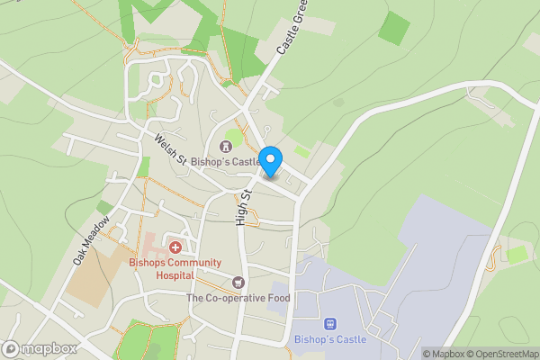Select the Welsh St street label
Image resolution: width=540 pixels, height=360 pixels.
[168, 148]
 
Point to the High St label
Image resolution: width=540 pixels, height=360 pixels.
[243, 208]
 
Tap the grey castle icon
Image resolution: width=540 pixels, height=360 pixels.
[224, 147]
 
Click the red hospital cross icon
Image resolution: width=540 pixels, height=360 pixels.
[175, 246]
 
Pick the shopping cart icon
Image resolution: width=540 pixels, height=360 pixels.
[238, 283]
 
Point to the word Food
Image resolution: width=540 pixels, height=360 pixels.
[279, 298]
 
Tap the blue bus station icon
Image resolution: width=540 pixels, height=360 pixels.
[329, 324]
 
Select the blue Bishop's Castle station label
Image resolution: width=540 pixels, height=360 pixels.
[330, 340]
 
